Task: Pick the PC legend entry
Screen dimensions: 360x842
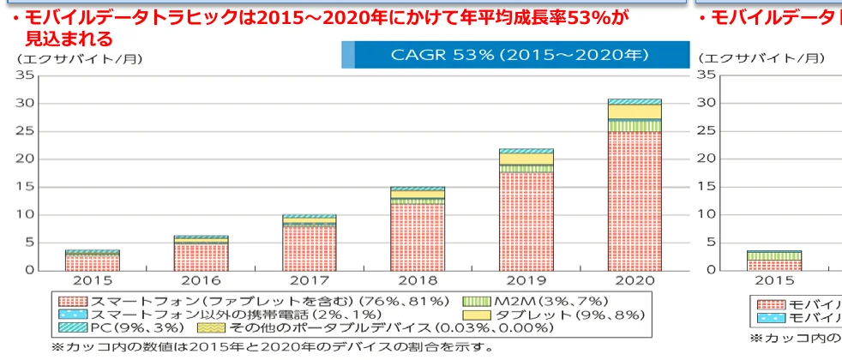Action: click(x=120, y=327)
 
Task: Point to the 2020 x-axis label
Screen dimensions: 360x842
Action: click(x=634, y=280)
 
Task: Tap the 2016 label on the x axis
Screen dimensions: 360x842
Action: click(x=200, y=280)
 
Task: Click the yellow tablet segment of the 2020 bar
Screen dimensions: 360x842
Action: click(x=634, y=111)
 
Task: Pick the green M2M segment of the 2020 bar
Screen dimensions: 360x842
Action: click(x=634, y=125)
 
